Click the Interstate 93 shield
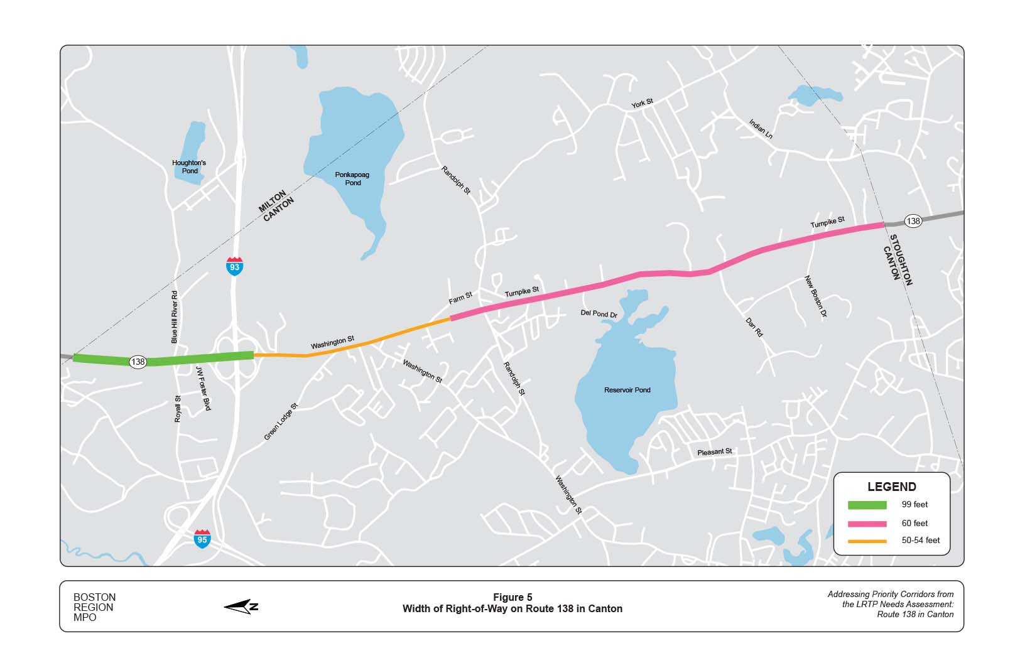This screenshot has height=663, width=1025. [234, 266]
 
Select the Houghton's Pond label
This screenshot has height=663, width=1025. [189, 166]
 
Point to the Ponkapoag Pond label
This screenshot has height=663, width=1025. [352, 178]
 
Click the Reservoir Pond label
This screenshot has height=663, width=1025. [627, 390]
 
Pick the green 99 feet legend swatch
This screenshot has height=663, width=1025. [867, 505]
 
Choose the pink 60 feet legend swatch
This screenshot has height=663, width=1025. [867, 524]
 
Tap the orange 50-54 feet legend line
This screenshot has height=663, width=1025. [867, 541]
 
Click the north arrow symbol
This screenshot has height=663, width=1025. [241, 606]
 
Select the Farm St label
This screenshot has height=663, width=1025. [460, 298]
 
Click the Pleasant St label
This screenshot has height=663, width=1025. [714, 451]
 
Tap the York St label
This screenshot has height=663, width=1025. [642, 103]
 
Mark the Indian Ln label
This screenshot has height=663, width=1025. [761, 129]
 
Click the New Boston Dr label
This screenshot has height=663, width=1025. [816, 296]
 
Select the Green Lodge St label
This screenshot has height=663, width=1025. [280, 421]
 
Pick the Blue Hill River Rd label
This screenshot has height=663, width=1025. [175, 317]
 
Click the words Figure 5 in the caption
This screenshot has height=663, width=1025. [512, 597]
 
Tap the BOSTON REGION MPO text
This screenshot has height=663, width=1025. [94, 607]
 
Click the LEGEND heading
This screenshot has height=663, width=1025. [891, 487]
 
